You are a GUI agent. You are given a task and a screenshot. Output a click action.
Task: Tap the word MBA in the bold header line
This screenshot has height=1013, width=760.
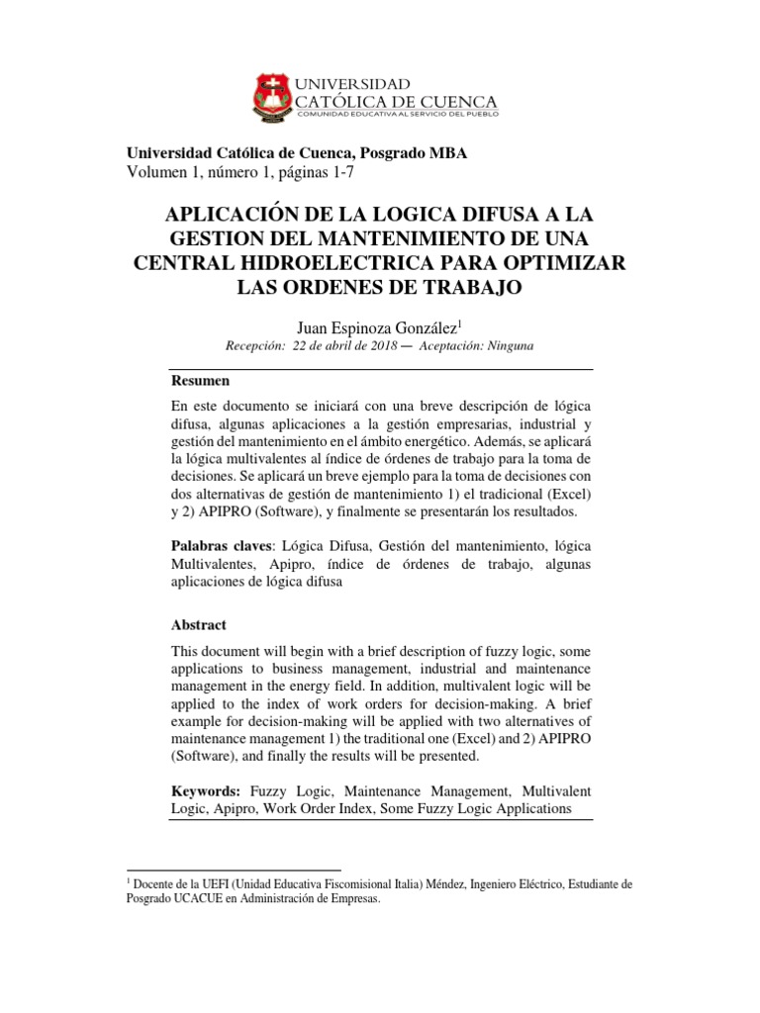(x=447, y=153)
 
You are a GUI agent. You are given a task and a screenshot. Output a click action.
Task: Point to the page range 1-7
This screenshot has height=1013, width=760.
(x=337, y=172)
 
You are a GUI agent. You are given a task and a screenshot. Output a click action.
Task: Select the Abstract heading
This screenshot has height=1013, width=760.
(x=199, y=625)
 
